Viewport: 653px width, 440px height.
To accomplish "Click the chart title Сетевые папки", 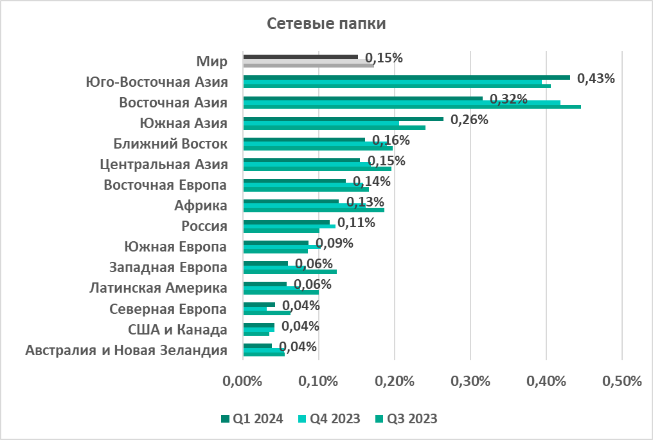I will point(326,24).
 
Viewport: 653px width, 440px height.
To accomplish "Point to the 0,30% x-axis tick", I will point(471,381).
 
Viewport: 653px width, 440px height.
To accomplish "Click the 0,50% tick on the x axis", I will point(622,381).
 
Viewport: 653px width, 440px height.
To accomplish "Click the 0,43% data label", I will point(596,78).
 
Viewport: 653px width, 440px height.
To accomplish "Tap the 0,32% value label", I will point(508,99).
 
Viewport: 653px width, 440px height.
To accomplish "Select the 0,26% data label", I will point(469,120).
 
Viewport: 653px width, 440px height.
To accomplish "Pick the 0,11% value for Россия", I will point(356,223).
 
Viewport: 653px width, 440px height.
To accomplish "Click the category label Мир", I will point(212,62).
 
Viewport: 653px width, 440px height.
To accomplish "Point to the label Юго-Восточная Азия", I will point(157,82).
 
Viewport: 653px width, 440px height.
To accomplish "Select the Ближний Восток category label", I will point(170,144).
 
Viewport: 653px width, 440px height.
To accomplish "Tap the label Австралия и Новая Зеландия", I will point(127,351).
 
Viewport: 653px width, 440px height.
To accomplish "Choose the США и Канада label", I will point(178,330).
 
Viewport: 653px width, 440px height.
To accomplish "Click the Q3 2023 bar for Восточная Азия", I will point(411,107).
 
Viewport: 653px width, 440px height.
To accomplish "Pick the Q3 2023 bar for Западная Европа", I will point(290,271).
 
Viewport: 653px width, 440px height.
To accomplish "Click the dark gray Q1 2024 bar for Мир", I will point(300,57).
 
